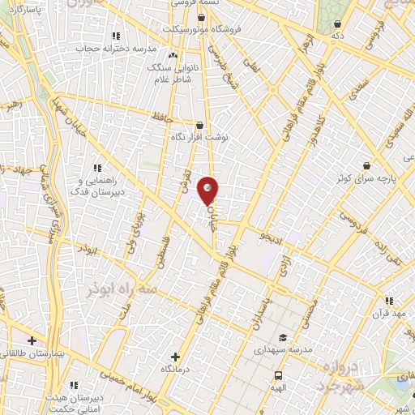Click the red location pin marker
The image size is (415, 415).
208,190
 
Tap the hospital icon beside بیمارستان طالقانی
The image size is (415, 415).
32,340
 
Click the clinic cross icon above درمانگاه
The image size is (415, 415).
176,357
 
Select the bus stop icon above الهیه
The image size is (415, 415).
278,375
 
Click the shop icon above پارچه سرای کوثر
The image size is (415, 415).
367,165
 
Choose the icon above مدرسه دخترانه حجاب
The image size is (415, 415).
117,36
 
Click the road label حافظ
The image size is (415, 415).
163,118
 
